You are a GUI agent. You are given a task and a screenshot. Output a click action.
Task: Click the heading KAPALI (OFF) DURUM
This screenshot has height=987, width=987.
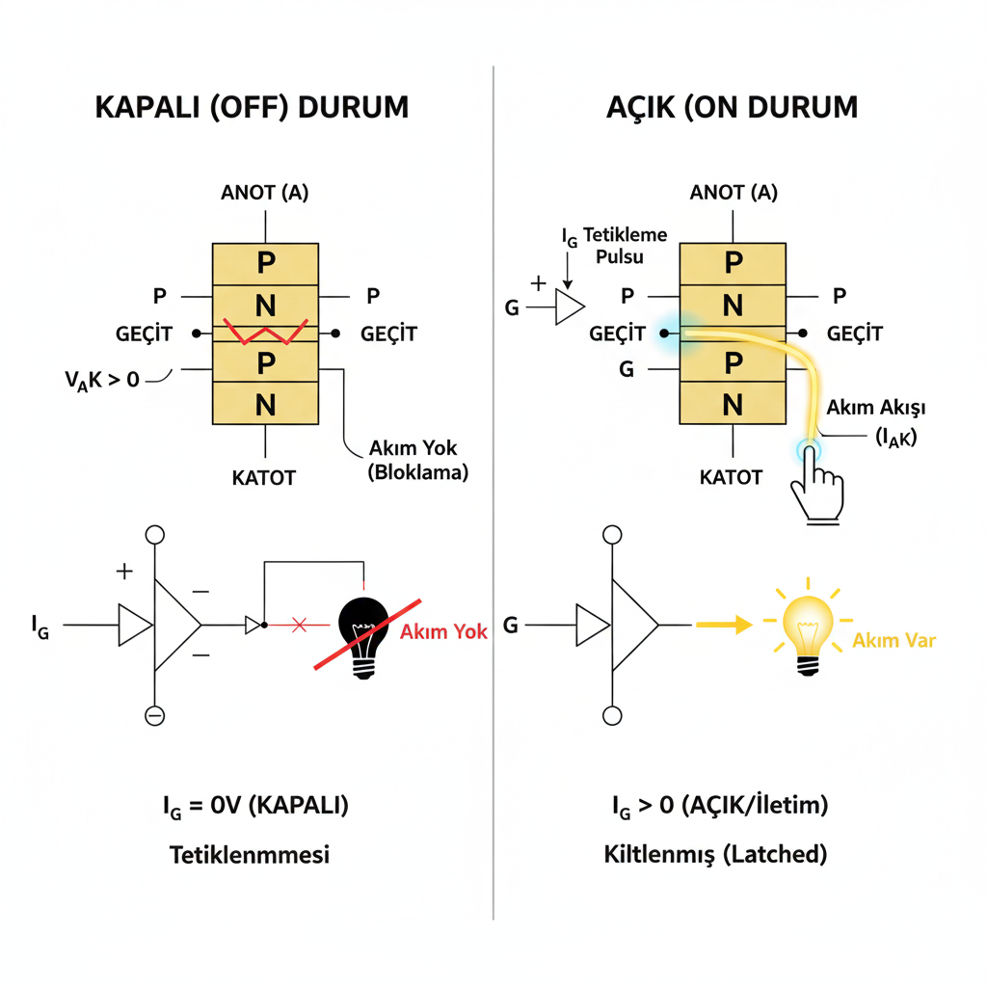[x=252, y=106]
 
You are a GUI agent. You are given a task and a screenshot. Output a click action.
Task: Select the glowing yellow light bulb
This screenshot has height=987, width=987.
[x=809, y=627]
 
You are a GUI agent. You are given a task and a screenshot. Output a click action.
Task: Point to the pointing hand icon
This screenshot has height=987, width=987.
[x=815, y=488]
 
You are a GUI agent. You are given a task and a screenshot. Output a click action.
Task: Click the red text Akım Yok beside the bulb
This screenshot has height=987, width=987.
[x=443, y=632]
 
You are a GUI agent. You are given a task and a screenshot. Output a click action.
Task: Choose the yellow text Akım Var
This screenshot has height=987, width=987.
[x=895, y=639]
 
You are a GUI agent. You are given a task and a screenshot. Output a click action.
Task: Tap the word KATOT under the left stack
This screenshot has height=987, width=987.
[x=264, y=477]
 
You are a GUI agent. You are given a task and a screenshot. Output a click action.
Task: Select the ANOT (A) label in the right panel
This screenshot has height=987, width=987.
[x=734, y=192]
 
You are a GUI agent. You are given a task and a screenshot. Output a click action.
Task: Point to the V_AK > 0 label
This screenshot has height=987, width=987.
[x=103, y=379]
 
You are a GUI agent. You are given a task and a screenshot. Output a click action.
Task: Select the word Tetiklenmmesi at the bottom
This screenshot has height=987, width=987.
[x=250, y=854]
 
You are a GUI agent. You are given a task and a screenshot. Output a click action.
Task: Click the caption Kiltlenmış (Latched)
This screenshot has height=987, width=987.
[x=715, y=854]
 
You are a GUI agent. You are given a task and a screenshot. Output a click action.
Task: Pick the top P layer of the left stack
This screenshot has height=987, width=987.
[x=265, y=263]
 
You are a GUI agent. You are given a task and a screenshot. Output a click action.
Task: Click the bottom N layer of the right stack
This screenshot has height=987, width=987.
[x=734, y=404]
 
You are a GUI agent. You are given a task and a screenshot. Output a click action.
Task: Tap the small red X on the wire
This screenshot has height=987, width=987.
[x=298, y=626]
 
